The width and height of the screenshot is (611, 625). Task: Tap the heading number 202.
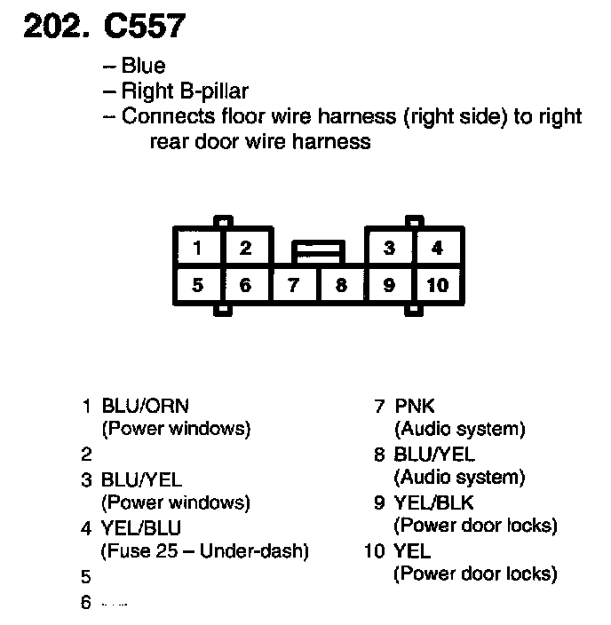click(x=56, y=27)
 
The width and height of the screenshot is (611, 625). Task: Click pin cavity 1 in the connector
click(x=197, y=249)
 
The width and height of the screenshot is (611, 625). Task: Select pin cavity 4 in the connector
click(x=437, y=249)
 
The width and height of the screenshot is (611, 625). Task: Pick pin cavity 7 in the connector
click(x=293, y=286)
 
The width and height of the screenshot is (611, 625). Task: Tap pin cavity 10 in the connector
click(x=437, y=286)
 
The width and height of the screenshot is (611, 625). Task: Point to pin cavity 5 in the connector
click(x=197, y=286)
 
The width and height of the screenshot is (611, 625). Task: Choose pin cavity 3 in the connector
click(x=389, y=249)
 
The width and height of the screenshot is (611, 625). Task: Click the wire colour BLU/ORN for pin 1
click(x=146, y=407)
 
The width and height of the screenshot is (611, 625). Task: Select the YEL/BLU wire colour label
click(x=142, y=528)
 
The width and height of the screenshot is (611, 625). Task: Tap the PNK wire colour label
click(x=415, y=407)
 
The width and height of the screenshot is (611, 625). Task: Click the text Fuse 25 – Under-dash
click(x=205, y=551)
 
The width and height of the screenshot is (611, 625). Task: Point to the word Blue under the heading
click(x=144, y=66)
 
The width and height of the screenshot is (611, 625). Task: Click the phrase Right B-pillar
click(x=185, y=90)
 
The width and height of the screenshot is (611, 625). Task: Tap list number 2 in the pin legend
click(x=86, y=455)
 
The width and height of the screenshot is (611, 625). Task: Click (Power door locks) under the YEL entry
click(x=475, y=574)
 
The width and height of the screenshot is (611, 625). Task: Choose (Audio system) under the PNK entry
click(x=459, y=430)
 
